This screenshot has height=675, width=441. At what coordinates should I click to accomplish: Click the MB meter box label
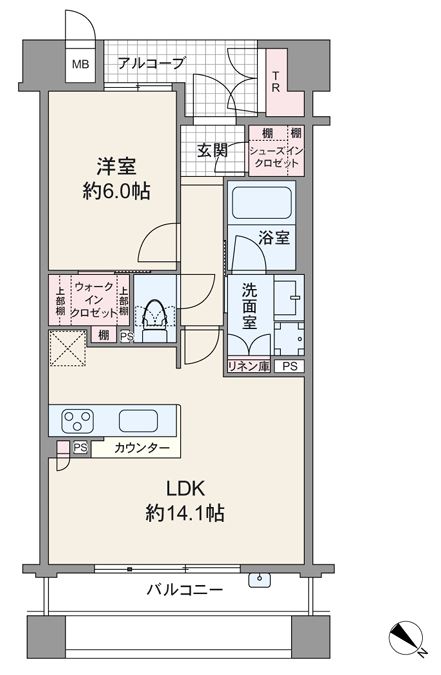[81, 65]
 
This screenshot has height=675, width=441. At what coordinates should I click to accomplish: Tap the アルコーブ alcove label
[151, 64]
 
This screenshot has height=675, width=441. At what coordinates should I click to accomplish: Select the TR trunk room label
[276, 82]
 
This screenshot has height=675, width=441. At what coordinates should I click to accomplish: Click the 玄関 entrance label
[212, 150]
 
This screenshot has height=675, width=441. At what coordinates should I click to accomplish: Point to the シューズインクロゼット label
[277, 157]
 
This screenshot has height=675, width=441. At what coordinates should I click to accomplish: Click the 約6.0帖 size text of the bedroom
[116, 191]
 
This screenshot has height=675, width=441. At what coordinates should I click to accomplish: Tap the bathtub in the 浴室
[261, 202]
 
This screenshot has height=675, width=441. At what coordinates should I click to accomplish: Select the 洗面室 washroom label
[249, 306]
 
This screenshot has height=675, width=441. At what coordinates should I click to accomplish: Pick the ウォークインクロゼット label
[93, 300]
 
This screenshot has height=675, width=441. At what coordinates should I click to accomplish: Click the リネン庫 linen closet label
[249, 366]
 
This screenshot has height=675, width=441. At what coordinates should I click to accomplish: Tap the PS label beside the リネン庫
[290, 367]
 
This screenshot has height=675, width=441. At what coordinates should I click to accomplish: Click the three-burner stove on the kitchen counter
[78, 420]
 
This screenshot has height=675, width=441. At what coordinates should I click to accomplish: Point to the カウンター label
[142, 448]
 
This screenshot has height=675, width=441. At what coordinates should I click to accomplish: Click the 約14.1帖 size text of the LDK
[184, 513]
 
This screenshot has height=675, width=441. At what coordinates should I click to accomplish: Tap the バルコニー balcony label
[185, 589]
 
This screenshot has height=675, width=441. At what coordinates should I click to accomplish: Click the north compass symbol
[407, 638]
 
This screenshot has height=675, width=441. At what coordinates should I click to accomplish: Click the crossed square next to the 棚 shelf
[68, 348]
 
